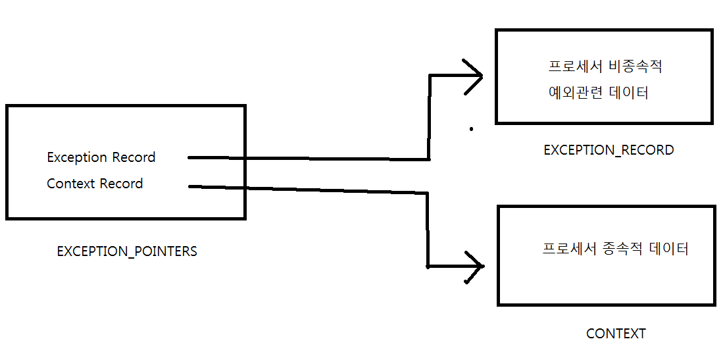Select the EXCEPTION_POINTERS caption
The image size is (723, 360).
point(127,251)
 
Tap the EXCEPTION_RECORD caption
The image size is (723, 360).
point(609,150)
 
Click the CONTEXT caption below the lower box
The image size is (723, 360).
point(616,334)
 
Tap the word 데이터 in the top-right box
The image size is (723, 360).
point(628,93)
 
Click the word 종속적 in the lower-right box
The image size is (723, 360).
point(622,249)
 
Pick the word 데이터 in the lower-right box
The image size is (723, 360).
point(669,249)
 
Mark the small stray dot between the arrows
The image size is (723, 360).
point(471,130)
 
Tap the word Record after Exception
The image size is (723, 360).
point(134,157)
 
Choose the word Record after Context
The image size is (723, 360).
point(121,184)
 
